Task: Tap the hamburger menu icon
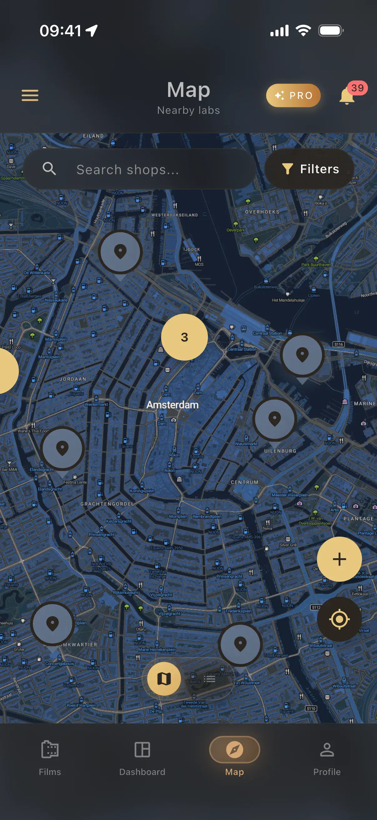[x=30, y=95]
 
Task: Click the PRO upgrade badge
[x=293, y=95]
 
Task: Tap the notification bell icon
[x=347, y=96]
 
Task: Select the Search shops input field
[x=140, y=170]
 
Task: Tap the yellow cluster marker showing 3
[x=184, y=337]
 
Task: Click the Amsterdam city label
[x=173, y=405]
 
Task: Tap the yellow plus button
[x=339, y=559]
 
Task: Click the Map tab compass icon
[x=234, y=749]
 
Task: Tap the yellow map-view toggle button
[x=164, y=679]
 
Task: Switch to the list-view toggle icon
[x=210, y=679]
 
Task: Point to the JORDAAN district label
[x=73, y=379]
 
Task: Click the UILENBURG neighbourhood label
[x=280, y=451]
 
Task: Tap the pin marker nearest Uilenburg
[x=274, y=419]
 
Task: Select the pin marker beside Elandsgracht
[x=63, y=448]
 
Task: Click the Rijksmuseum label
[x=125, y=592]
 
